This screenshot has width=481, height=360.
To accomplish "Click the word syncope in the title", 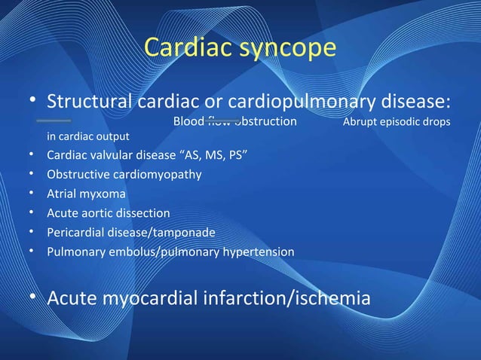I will pyautogui.click(x=290, y=48).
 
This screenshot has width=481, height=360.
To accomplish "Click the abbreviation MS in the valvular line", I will pyautogui.click(x=206, y=156).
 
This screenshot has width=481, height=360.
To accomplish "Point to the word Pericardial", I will pyautogui.click(x=75, y=232).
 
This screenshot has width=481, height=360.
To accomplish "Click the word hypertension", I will pyautogui.click(x=257, y=252).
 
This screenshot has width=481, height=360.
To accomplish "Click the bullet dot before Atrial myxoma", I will pyautogui.click(x=32, y=194).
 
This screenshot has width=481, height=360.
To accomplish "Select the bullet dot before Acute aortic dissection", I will pyautogui.click(x=32, y=213).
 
